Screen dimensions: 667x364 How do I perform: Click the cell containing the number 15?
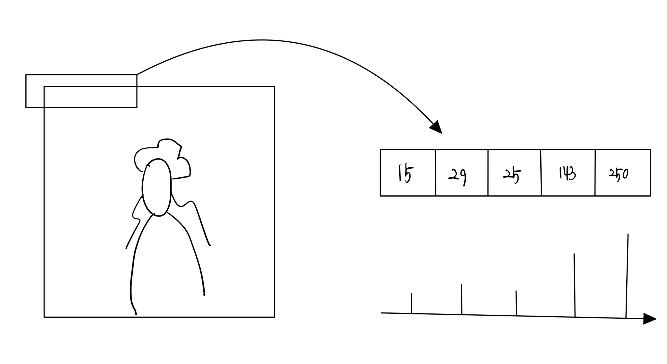click(x=407, y=173)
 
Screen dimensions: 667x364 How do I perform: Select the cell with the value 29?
click(x=461, y=173)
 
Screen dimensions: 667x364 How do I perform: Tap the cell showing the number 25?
click(x=514, y=173)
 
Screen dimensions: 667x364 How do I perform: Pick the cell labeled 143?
click(x=568, y=173)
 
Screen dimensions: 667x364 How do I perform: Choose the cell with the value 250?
click(x=623, y=173)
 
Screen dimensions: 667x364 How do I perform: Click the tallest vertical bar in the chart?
click(x=627, y=276)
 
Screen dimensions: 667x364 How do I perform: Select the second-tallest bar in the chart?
click(x=575, y=285)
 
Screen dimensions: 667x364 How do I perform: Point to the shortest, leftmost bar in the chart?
click(x=411, y=303)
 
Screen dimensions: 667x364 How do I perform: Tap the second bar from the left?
click(x=461, y=299)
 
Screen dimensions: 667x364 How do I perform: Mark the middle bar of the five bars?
click(x=516, y=303)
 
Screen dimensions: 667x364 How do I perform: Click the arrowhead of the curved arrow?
click(x=436, y=127)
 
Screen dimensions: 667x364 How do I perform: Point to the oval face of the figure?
click(x=157, y=188)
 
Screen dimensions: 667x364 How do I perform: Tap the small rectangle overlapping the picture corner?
click(x=81, y=91)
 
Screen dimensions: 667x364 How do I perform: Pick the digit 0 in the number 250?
click(x=625, y=174)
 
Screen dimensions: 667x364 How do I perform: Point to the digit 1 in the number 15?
click(x=400, y=173)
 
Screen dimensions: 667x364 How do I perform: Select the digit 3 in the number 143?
click(x=572, y=174)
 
